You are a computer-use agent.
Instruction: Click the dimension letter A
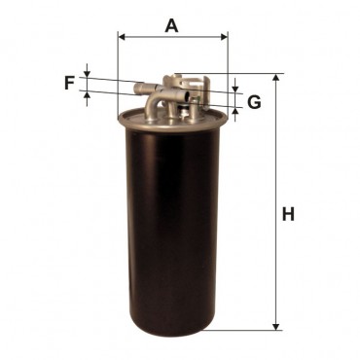click(x=171, y=26)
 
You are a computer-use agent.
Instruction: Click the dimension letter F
click(x=69, y=83)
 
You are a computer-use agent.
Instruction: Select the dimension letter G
click(x=254, y=102)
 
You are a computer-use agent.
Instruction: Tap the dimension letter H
click(x=288, y=214)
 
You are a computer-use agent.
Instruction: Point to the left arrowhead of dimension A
click(x=122, y=37)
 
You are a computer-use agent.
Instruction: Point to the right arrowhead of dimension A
click(x=224, y=37)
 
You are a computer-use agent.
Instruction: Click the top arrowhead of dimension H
click(x=276, y=78)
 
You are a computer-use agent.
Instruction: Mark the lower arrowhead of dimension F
click(x=87, y=95)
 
